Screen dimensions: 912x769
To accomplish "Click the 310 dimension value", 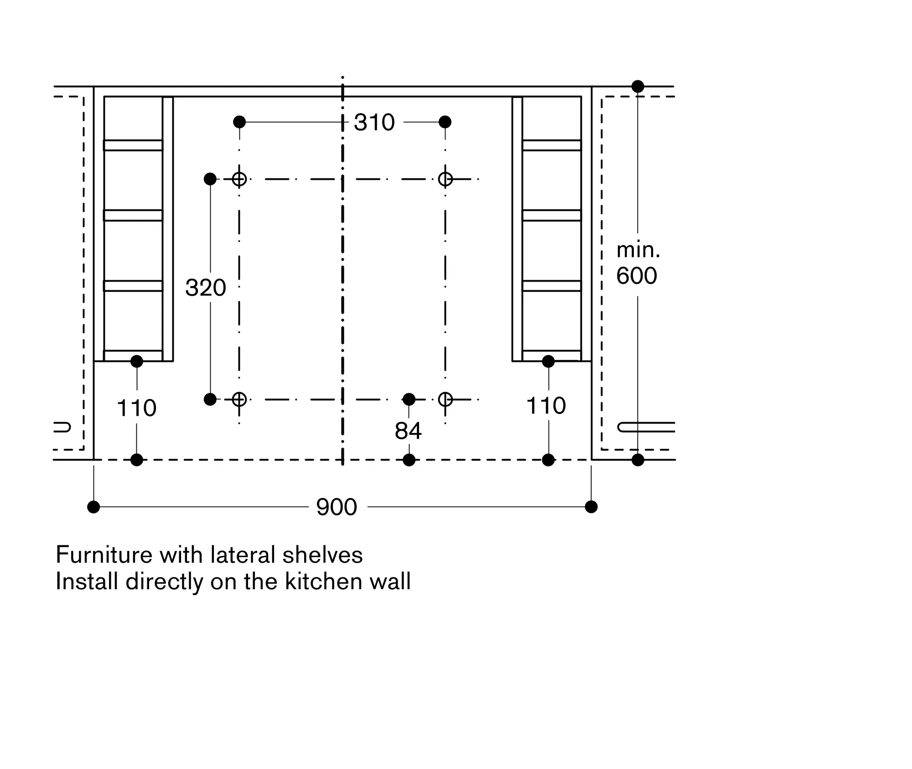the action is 374,122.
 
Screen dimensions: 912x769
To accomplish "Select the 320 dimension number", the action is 205,288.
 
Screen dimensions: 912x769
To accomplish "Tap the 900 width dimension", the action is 337,507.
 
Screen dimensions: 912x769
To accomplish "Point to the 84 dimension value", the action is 408,431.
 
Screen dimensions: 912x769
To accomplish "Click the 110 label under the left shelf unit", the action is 136,408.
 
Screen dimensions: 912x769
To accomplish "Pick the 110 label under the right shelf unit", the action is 546,405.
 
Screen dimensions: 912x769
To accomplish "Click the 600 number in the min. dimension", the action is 637,276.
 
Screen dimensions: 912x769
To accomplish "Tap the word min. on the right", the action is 638,250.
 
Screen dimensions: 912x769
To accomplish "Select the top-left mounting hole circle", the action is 239,179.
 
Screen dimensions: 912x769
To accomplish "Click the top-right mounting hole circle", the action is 445,179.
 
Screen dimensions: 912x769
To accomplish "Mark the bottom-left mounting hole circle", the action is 239,399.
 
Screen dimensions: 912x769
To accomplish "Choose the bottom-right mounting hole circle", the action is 445,399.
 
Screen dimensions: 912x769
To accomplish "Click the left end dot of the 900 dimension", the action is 93,507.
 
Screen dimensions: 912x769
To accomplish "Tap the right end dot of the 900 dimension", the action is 591,507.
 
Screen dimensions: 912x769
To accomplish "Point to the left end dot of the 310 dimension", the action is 239,122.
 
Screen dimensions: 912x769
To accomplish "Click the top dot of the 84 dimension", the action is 409,399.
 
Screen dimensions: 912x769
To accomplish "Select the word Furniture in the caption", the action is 104,555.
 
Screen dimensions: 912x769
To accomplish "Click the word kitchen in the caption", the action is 314,581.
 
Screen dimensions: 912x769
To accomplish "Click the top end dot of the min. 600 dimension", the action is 637,86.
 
